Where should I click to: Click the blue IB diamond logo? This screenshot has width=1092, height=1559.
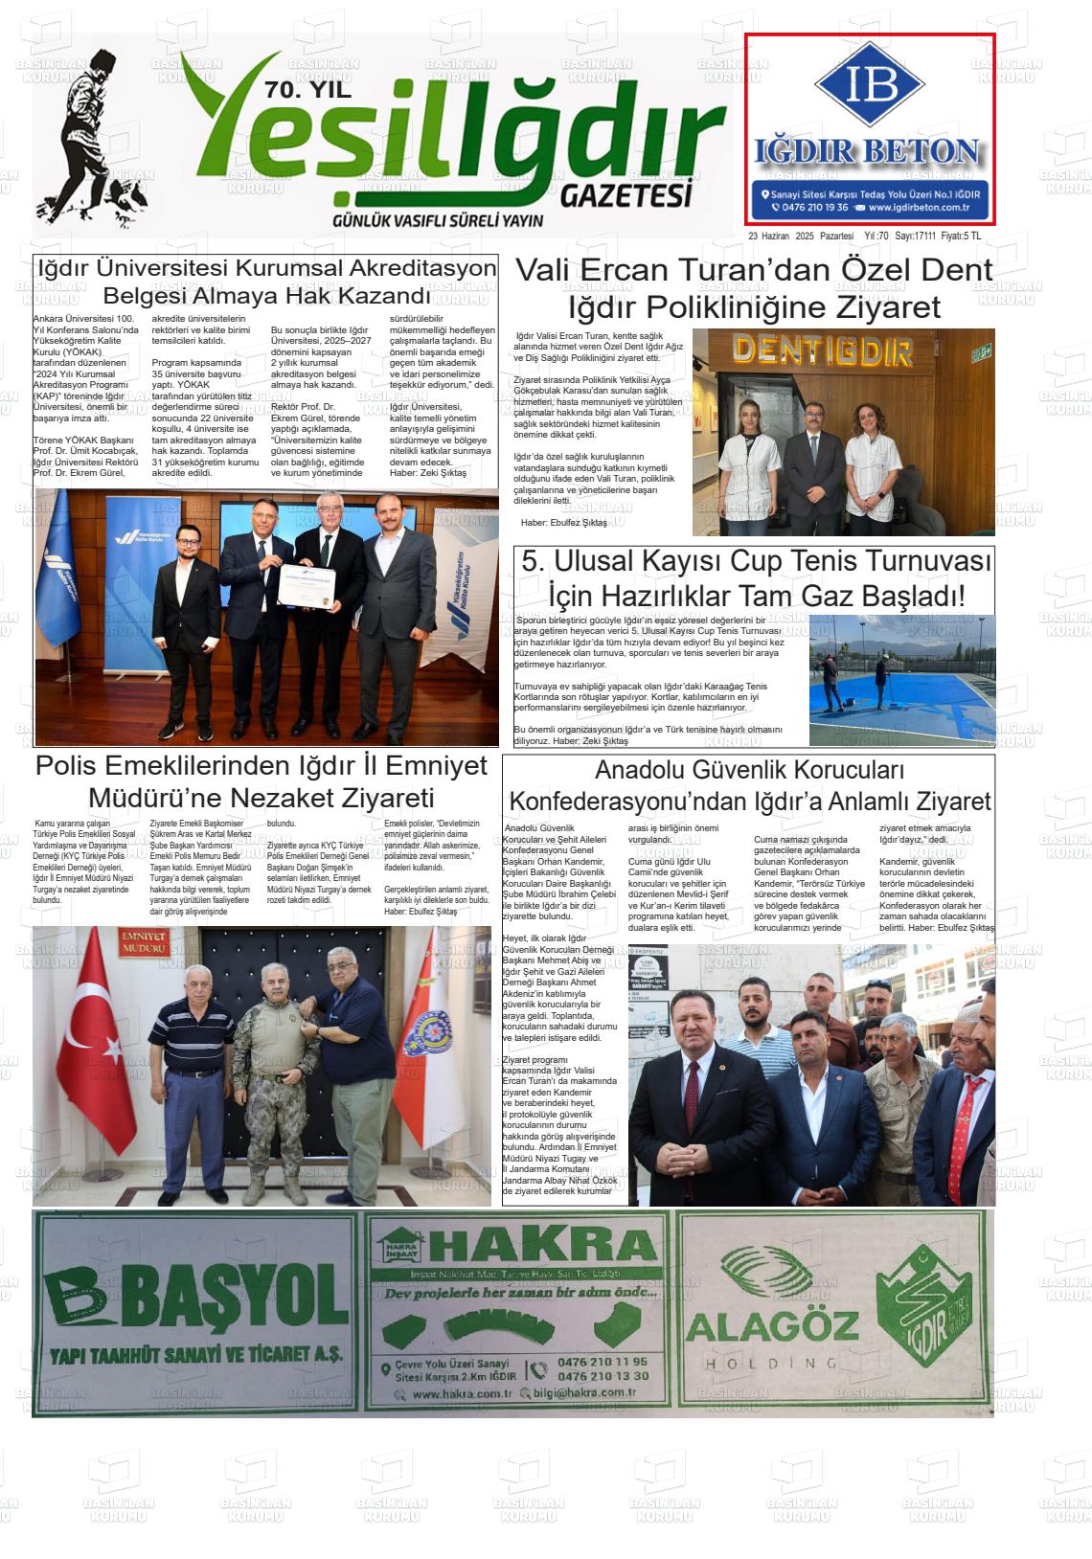coord(870,84)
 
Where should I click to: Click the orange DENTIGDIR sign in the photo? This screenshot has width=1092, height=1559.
coord(823,352)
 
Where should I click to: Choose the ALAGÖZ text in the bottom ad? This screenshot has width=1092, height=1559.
coord(771,1327)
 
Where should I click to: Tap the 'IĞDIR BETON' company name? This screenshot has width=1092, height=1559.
coord(867,151)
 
